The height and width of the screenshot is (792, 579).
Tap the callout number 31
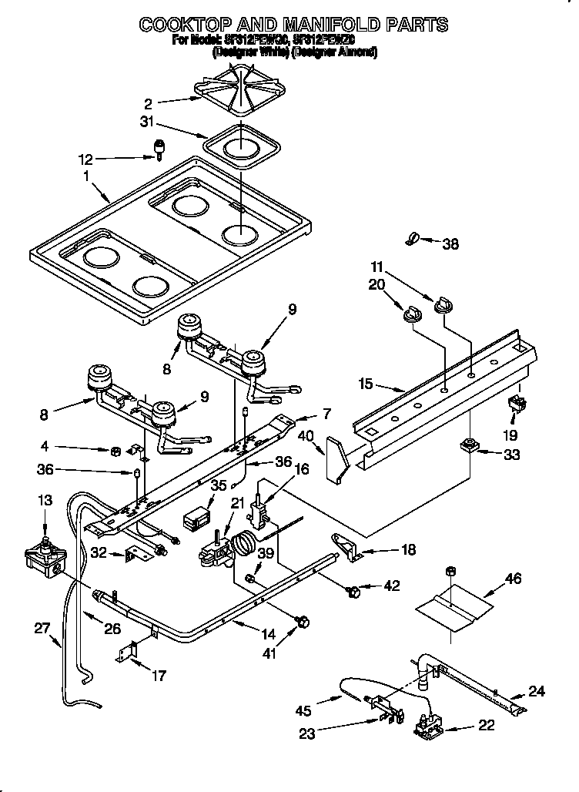147,122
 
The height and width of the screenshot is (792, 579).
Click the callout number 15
366,383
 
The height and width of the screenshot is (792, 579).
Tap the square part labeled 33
468,445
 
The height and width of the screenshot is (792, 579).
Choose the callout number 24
536,692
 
